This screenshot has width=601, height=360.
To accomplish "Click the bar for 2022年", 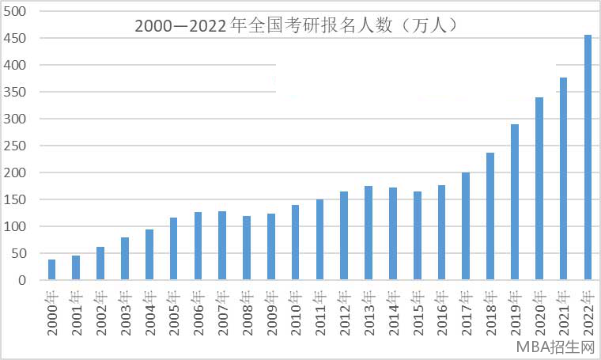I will [588, 157].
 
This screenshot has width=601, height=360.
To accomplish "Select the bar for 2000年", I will [52, 270].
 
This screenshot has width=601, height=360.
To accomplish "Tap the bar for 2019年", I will [515, 203].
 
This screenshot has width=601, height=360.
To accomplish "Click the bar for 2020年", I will [539, 189].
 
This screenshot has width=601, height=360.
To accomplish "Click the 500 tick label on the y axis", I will [17, 11].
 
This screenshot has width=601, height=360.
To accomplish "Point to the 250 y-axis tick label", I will [17, 146].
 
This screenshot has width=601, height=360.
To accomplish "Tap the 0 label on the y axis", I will [23, 280].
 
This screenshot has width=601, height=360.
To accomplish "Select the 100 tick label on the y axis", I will [17, 226].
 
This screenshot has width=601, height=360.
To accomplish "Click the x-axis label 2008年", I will [247, 312].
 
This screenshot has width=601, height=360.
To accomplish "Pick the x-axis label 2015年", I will [418, 312].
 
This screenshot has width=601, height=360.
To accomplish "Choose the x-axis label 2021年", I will [564, 312].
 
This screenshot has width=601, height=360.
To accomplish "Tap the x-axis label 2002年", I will [101, 312].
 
